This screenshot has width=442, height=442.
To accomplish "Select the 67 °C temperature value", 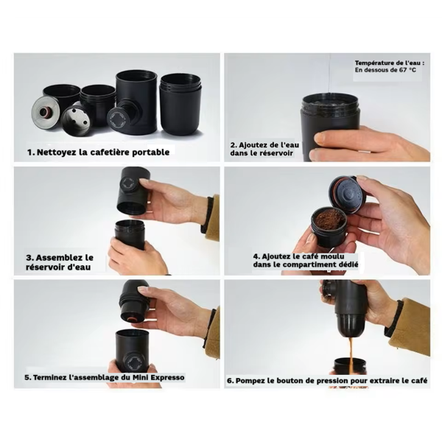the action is click(407, 70).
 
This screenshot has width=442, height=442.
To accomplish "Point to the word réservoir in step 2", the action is click(278, 153).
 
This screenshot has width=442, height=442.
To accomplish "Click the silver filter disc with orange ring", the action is click(46, 112).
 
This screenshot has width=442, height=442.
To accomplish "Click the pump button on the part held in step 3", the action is click(130, 183).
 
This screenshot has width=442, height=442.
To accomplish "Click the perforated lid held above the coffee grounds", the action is click(348, 195).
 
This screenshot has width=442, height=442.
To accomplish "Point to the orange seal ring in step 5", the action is click(131, 319).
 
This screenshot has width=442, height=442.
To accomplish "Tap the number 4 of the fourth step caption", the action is click(256, 256).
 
